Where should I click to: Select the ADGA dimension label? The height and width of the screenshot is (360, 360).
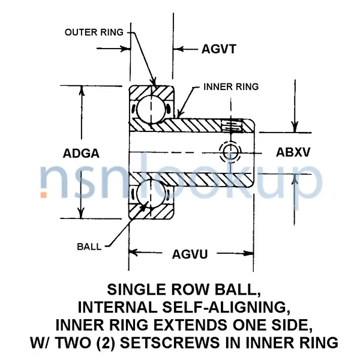click(81, 153)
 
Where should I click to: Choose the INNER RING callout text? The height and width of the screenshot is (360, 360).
click(231, 87)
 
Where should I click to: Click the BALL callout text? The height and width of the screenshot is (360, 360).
click(89, 246)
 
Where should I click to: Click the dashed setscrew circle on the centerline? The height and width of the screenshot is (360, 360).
click(230, 153)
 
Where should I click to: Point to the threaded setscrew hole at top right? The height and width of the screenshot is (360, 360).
click(232, 125)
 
